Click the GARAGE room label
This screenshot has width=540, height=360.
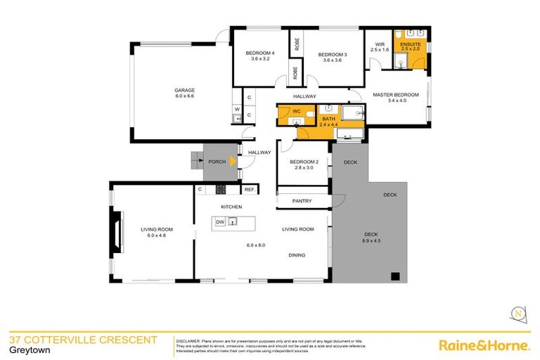(x=185, y=90)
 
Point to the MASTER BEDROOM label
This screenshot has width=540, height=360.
(x=396, y=95)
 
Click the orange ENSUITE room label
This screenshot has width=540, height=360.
(x=410, y=44)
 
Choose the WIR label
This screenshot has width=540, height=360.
(x=380, y=44)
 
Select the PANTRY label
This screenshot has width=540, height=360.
(x=302, y=202)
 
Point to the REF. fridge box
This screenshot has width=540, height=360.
(x=250, y=189)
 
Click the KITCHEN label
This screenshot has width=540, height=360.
(x=232, y=207)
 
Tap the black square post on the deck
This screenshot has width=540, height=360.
(x=394, y=276)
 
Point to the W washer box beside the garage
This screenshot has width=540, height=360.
(x=237, y=110)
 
